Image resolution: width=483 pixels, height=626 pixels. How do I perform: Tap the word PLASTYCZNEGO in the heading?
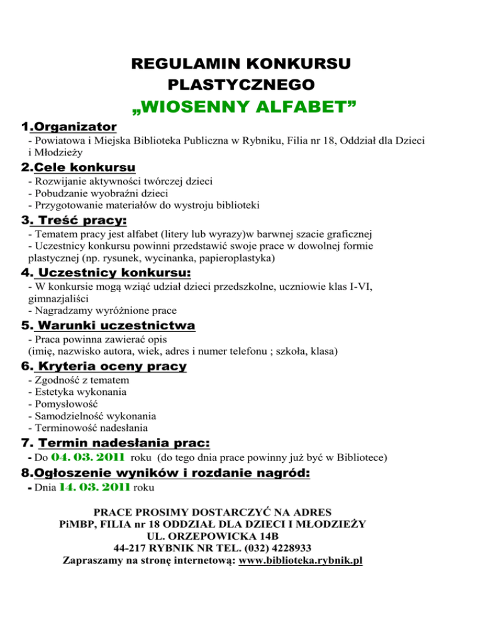[x=242, y=84]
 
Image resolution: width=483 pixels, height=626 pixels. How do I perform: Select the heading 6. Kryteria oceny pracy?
[x=103, y=366]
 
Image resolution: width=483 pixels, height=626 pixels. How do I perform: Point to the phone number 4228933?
[x=286, y=548]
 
